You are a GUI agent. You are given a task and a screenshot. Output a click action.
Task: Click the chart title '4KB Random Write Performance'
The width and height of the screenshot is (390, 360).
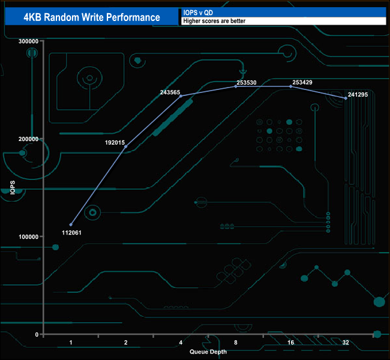(92, 17)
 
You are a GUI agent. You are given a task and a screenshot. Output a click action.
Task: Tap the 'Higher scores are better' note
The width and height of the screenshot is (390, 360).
(214, 21)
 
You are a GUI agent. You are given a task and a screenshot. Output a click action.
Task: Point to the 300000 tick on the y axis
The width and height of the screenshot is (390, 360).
(29, 41)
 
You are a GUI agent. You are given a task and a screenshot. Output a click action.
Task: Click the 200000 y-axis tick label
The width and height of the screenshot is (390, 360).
(29, 139)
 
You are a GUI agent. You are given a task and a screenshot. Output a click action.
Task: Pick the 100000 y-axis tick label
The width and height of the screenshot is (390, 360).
(29, 236)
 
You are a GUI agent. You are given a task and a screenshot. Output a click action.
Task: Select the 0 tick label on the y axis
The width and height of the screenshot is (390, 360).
(37, 334)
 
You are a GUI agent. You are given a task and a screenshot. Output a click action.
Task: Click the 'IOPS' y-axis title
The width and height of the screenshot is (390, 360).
(13, 187)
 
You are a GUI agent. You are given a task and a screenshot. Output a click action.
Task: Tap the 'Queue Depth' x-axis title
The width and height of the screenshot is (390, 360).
(208, 352)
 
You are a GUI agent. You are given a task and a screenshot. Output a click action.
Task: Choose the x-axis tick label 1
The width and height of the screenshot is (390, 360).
(71, 343)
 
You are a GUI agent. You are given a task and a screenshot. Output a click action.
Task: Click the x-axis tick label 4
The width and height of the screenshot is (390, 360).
(181, 343)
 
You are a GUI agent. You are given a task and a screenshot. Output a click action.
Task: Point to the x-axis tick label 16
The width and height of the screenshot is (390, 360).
(290, 343)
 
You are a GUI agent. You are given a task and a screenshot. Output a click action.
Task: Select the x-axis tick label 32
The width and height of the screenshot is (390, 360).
(346, 343)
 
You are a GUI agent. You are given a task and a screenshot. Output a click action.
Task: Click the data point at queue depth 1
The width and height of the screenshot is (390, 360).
(71, 225)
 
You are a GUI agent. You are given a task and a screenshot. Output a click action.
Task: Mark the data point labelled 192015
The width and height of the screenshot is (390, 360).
(125, 146)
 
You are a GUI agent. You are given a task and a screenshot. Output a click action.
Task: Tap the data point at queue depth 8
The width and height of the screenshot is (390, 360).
(236, 86)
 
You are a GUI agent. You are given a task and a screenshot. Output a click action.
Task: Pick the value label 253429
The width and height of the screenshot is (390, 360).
(302, 82)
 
